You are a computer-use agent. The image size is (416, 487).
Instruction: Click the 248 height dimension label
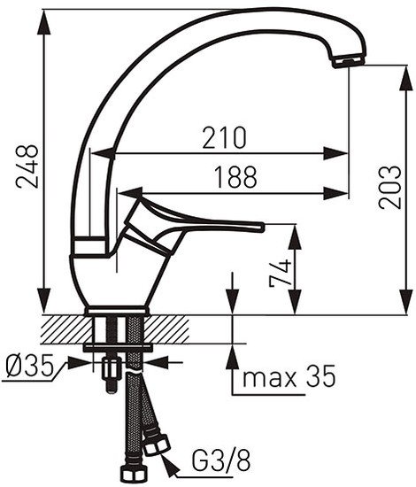(27, 166)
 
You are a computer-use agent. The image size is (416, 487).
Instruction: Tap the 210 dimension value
(224, 137)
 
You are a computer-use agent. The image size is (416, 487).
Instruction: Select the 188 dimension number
(236, 177)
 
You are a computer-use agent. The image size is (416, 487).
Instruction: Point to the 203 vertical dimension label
(389, 188)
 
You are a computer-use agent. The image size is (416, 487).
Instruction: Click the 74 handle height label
(281, 273)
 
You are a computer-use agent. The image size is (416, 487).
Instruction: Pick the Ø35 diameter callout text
(29, 366)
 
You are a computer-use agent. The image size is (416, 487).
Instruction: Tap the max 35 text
(289, 375)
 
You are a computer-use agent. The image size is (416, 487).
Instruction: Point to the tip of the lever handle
(262, 227)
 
